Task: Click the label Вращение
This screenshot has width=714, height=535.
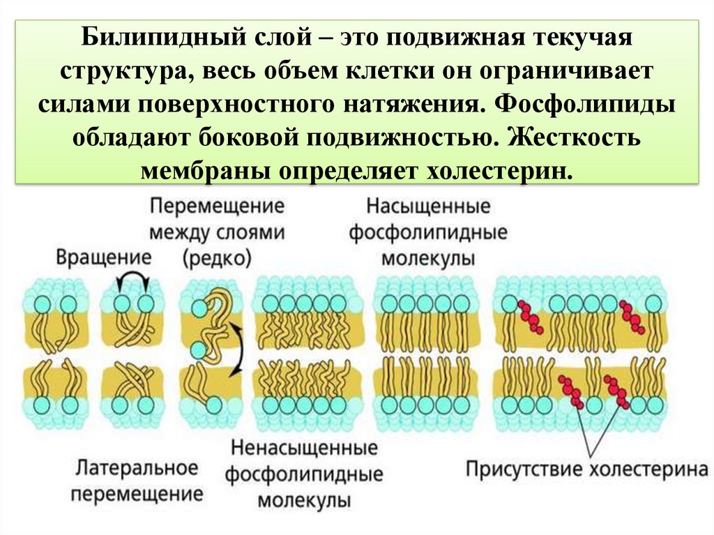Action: tap(105, 256)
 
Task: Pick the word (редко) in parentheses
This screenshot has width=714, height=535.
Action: tap(217, 258)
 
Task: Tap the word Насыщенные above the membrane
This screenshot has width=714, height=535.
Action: tap(428, 207)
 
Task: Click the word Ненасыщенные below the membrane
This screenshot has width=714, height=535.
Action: tap(304, 447)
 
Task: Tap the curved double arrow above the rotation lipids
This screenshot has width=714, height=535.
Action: tap(133, 280)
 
